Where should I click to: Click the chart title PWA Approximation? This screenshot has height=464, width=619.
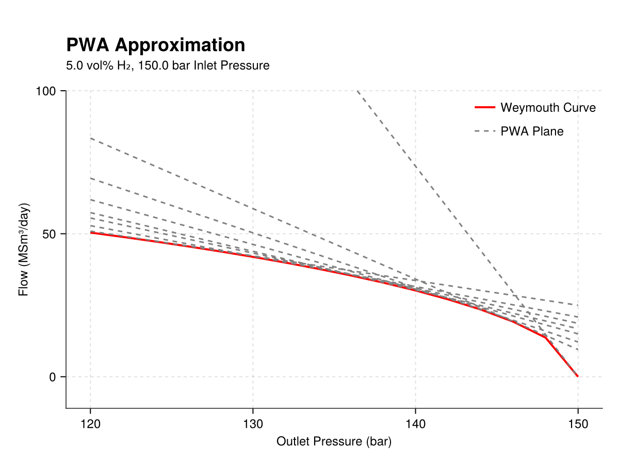[x=155, y=45]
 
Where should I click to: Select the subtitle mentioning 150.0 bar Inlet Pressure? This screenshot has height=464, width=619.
[x=168, y=66]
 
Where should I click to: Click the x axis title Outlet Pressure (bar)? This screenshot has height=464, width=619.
[x=334, y=442]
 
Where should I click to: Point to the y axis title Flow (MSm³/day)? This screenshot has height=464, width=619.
[x=23, y=250]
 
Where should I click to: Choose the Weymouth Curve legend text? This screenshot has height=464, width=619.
[x=548, y=108]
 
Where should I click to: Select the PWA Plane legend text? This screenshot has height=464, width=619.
[x=532, y=131]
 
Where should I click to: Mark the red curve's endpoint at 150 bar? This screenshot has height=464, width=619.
[x=578, y=376]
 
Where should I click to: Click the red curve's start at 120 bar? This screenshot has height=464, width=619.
[x=91, y=233]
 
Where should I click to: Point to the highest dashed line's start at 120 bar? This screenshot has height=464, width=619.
[x=91, y=138]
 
